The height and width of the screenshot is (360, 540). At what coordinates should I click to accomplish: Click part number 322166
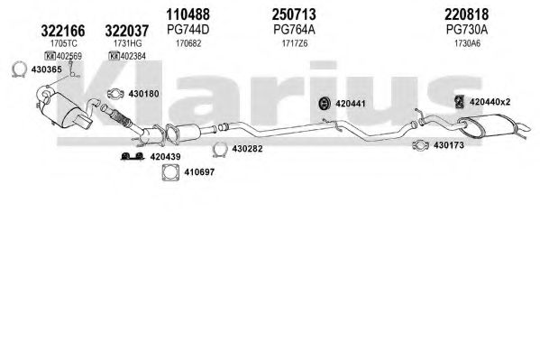[63, 31]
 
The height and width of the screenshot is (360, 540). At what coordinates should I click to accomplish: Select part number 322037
[127, 31]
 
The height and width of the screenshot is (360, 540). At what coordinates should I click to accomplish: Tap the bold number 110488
[188, 14]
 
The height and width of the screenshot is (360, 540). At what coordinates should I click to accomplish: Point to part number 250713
[294, 14]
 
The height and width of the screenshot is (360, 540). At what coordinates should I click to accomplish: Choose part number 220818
[466, 14]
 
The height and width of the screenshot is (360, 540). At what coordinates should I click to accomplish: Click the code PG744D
[188, 30]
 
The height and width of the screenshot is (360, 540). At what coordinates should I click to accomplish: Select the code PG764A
[294, 30]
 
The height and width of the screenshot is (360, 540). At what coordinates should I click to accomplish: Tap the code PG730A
[467, 30]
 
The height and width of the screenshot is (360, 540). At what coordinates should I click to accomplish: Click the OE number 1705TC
[64, 43]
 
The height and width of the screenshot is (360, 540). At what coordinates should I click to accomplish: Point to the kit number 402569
[69, 56]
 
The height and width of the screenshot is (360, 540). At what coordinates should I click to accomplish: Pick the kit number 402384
[133, 56]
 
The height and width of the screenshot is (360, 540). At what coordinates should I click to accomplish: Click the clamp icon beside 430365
[19, 69]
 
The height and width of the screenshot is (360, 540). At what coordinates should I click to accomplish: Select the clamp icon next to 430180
[115, 94]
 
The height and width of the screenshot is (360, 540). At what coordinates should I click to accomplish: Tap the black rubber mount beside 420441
[325, 104]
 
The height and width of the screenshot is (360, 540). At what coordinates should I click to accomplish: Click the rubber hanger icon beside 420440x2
[458, 102]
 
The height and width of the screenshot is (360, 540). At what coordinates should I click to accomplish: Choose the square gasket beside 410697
[170, 172]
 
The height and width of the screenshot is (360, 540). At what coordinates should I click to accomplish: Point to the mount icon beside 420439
[133, 157]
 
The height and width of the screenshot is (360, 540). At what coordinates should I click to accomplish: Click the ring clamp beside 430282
[219, 149]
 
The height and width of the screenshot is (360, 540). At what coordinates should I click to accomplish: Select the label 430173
[448, 145]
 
